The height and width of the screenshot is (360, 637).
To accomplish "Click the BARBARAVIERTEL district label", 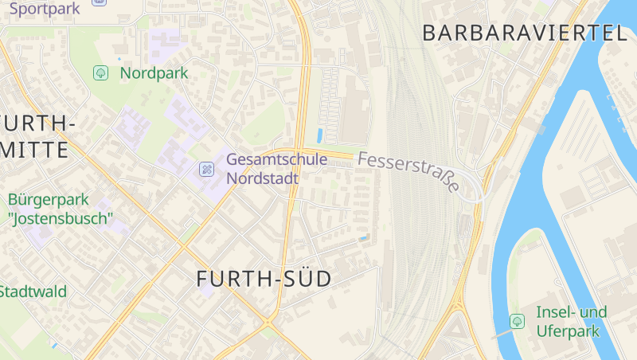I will [525, 33].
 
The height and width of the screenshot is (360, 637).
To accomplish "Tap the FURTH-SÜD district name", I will [264, 279].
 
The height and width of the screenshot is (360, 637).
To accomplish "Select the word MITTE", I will [34, 150].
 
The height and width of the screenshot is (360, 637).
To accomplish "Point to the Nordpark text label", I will [154, 73].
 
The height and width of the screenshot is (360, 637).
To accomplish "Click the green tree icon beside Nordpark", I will [101, 73].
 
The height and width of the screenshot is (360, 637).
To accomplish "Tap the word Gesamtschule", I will [276, 159].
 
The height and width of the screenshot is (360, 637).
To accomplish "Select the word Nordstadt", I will [263, 178].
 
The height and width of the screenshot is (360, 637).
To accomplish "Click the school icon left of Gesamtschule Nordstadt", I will [206, 169].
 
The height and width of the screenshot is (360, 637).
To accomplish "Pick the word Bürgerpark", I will [49, 199].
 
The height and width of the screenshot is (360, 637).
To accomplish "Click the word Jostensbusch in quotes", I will [61, 217].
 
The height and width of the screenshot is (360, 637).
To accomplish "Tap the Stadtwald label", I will [33, 292].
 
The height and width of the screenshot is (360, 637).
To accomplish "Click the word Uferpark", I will [567, 331].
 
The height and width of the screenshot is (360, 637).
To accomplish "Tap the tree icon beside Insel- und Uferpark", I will [517, 321].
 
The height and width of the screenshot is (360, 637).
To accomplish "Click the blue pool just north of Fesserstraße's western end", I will [320, 136].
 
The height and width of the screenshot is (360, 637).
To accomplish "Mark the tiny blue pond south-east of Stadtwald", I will [54, 346].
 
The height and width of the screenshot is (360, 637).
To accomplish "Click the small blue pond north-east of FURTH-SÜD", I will [363, 237].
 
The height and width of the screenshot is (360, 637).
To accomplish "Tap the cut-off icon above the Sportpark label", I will [98, 2].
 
